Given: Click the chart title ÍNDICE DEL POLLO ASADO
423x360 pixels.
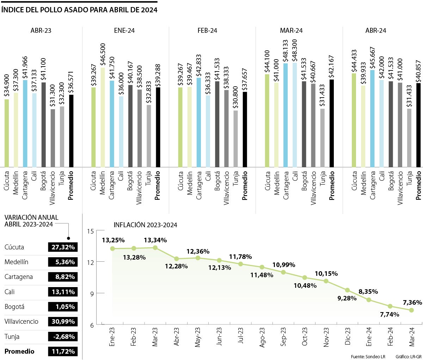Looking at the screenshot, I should tap(79, 10).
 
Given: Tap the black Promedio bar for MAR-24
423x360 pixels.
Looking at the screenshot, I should tap(331, 123).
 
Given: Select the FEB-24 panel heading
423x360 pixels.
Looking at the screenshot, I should tap(207, 31).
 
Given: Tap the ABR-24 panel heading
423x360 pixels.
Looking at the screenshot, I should tap(375, 31).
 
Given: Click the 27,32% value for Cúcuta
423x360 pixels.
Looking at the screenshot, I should tap(63, 247).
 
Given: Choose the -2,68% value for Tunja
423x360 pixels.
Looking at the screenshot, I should tap(63, 336).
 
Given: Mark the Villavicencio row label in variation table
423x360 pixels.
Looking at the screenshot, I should tap(22, 321).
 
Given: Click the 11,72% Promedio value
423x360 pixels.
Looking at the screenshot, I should tap(63, 351).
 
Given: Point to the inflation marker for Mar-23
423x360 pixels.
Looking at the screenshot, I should tap(155, 248).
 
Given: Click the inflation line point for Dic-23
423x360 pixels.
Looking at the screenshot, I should tap(347, 290).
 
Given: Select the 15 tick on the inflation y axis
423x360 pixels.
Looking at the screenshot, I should tap(90, 231).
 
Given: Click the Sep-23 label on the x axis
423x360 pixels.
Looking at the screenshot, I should tap(283, 337).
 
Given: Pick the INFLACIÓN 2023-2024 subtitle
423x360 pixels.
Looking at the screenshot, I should tap(145, 225).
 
